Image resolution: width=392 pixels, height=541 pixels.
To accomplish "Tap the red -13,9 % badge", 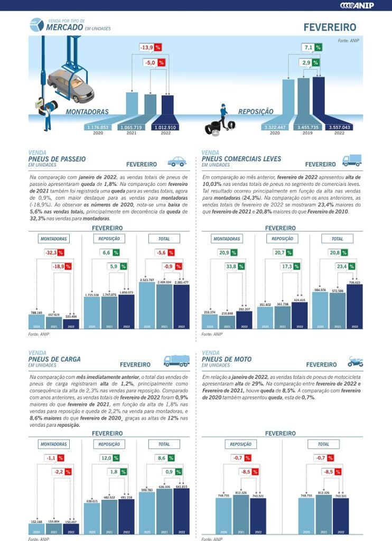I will pos(150,48).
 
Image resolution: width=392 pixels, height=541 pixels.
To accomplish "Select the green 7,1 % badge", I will pos(312,48).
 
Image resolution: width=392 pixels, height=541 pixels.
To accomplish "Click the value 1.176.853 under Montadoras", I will pos(98,127).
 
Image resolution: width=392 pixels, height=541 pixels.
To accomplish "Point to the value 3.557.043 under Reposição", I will pos(339,127).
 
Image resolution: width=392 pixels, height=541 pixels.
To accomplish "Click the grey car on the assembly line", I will pos(70,85).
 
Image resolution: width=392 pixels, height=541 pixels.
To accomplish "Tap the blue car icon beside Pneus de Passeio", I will pos(177,161).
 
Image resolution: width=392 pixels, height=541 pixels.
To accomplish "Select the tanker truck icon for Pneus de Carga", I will pos(176,361).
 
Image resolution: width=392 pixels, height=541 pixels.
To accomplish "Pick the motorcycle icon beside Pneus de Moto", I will pos(355,361).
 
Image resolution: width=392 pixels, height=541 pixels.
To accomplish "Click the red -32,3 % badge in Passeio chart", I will pos(54,253).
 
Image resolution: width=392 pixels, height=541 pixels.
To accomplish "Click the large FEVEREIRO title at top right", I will pos(330,27).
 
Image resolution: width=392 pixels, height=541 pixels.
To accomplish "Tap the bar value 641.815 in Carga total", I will pos(181,486).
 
